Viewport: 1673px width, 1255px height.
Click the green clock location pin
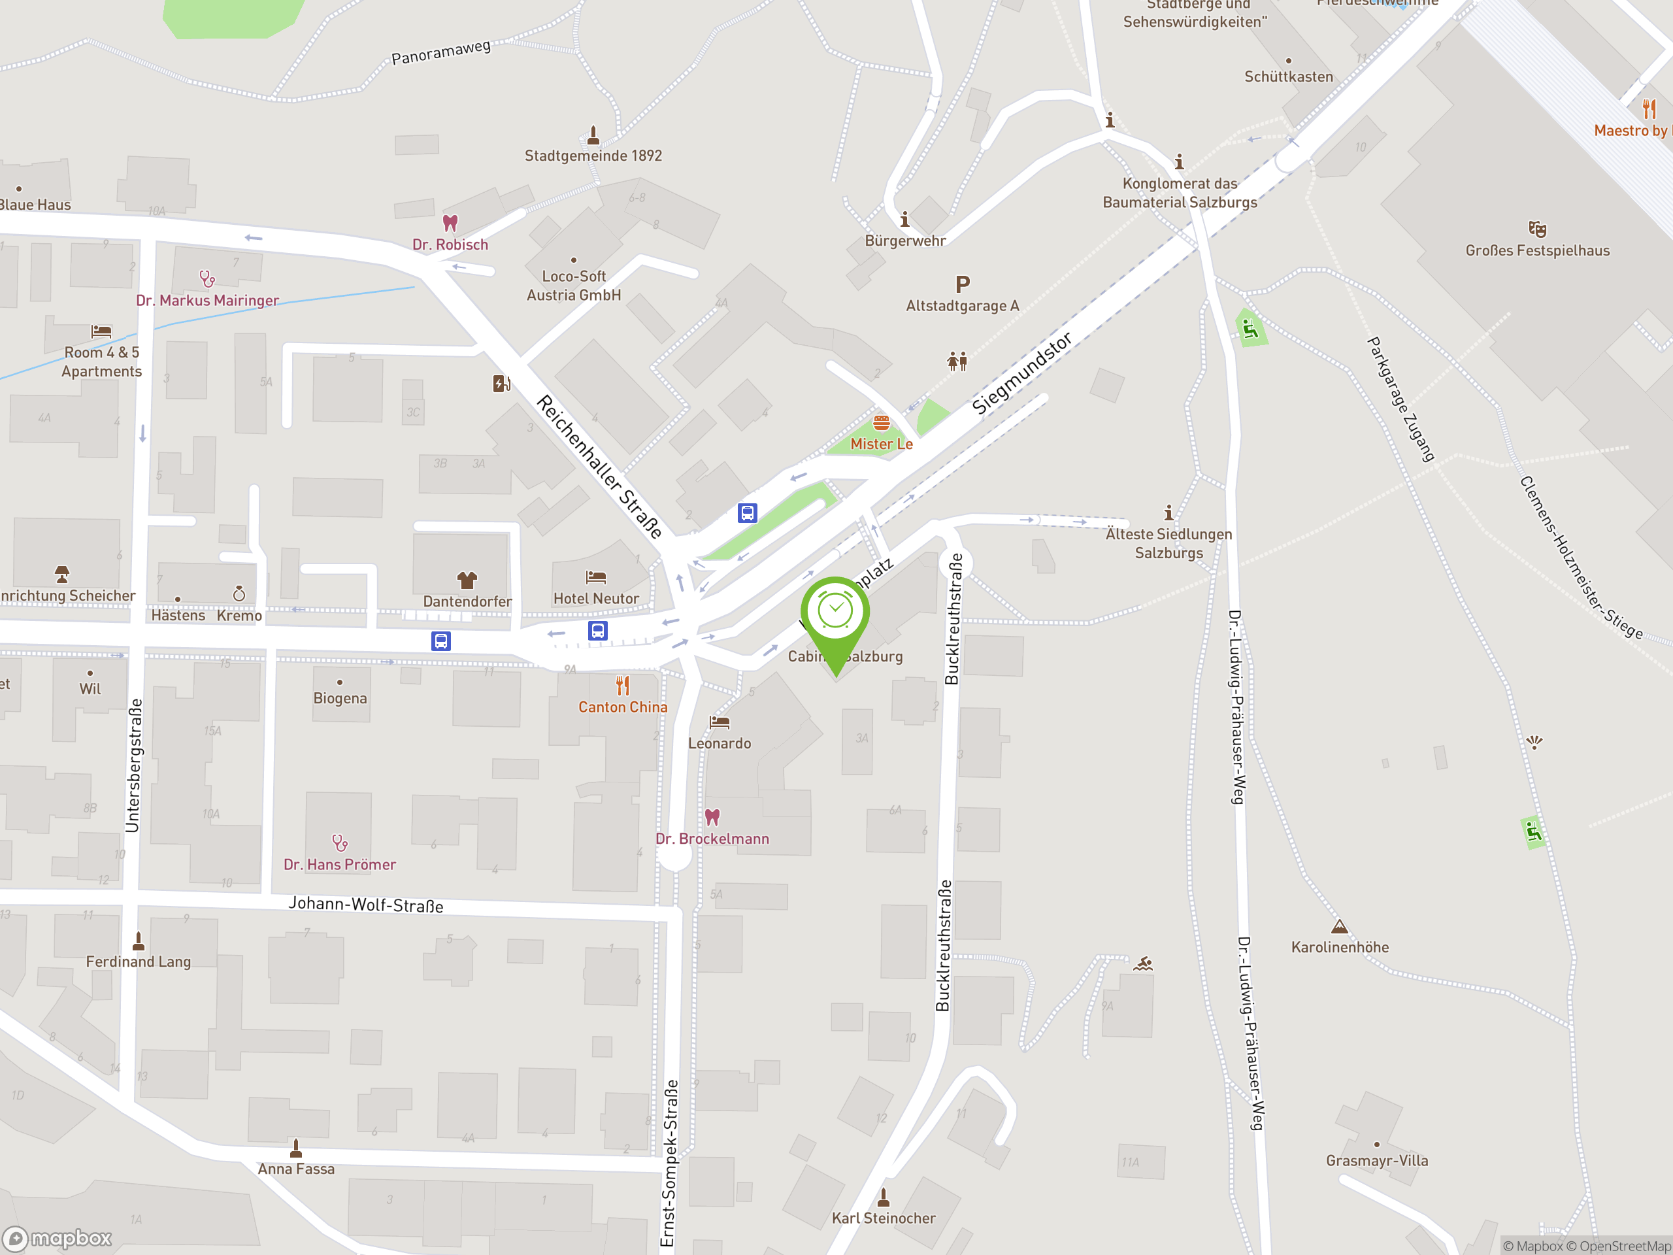[835, 612]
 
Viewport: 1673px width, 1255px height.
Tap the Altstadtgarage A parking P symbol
[962, 284]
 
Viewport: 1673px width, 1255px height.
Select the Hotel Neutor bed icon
[596, 578]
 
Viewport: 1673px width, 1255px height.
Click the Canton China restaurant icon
[622, 686]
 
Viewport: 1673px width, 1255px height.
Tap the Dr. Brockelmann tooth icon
[712, 817]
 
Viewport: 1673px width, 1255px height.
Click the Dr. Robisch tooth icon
[450, 223]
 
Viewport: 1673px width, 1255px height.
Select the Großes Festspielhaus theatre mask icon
[1537, 229]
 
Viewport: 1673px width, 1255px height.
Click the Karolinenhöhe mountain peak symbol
[1340, 927]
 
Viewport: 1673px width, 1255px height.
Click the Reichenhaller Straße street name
[599, 466]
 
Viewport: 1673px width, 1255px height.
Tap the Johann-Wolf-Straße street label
[365, 905]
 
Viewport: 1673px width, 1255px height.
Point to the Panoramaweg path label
[441, 52]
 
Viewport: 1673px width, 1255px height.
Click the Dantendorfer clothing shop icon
[467, 580]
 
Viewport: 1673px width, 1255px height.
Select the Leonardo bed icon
[720, 722]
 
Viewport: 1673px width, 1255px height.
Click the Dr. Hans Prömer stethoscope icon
[340, 843]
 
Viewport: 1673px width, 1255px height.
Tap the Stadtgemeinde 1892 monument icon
[593, 135]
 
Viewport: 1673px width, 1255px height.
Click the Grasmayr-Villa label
[1376, 1160]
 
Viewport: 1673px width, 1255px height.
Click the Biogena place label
[340, 698]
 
